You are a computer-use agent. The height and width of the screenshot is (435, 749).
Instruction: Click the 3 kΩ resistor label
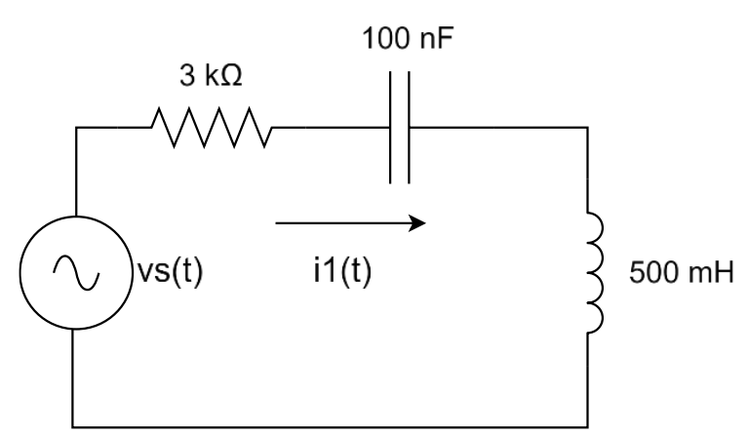211,75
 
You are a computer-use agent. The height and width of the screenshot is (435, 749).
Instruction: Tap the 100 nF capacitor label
407,38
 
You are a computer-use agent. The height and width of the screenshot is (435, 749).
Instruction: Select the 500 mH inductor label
681,273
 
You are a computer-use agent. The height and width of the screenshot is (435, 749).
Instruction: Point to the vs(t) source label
170,271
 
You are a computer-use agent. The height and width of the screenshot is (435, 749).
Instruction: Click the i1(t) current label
342,271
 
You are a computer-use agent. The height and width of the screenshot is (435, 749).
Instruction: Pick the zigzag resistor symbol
211,128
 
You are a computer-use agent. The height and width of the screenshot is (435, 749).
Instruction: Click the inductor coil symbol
595,272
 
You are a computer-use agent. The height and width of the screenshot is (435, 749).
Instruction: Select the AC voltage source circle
75,217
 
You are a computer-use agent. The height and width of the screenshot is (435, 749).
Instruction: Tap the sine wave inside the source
76,273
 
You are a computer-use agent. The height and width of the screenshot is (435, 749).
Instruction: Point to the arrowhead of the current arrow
417,223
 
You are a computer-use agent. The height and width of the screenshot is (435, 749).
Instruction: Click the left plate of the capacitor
390,128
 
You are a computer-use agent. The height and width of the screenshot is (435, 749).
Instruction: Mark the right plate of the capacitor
409,128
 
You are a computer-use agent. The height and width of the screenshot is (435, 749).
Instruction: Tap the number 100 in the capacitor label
385,38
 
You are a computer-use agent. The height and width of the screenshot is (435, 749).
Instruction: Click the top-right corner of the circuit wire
587,128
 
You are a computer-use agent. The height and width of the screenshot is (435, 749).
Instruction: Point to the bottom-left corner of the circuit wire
72,427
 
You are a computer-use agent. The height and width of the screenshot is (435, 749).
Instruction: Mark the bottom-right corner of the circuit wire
587,427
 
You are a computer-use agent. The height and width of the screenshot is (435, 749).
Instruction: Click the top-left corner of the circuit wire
76,128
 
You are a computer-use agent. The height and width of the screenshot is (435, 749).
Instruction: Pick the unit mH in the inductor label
710,273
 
